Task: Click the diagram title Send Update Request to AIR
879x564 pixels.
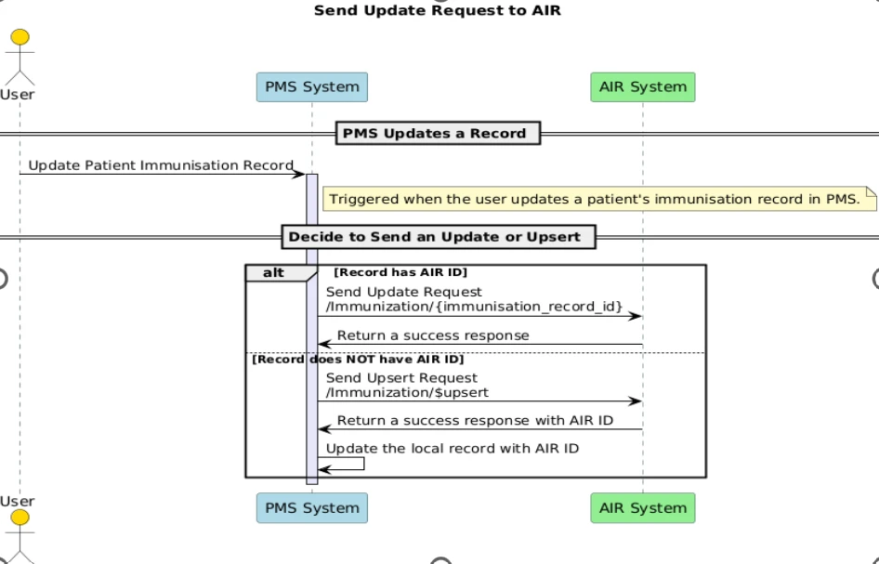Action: pyautogui.click(x=438, y=10)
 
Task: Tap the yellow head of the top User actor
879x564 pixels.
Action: pyautogui.click(x=20, y=37)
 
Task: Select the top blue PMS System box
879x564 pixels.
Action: pyautogui.click(x=312, y=87)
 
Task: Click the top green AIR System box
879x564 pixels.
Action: pyautogui.click(x=643, y=87)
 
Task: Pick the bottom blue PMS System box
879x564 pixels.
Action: pyautogui.click(x=312, y=508)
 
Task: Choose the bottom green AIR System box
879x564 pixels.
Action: pyautogui.click(x=643, y=508)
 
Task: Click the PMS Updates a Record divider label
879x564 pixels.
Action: pyautogui.click(x=438, y=134)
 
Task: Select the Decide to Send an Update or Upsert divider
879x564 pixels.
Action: pyautogui.click(x=439, y=237)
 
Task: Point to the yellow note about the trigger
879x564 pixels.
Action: pyautogui.click(x=600, y=199)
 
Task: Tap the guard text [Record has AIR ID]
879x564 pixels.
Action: pyautogui.click(x=400, y=272)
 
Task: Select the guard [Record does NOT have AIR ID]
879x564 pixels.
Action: pyautogui.click(x=359, y=360)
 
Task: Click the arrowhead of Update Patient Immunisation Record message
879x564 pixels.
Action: pyautogui.click(x=299, y=175)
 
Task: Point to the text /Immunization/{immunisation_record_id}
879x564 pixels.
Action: pyautogui.click(x=474, y=307)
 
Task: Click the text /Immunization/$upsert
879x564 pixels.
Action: pyautogui.click(x=407, y=392)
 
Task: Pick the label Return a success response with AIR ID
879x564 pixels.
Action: pyautogui.click(x=475, y=421)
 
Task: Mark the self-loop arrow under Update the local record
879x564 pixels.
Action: pyautogui.click(x=364, y=464)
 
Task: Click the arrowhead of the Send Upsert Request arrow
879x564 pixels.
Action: pyautogui.click(x=636, y=401)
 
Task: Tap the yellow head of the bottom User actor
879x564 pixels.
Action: pyautogui.click(x=20, y=518)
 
